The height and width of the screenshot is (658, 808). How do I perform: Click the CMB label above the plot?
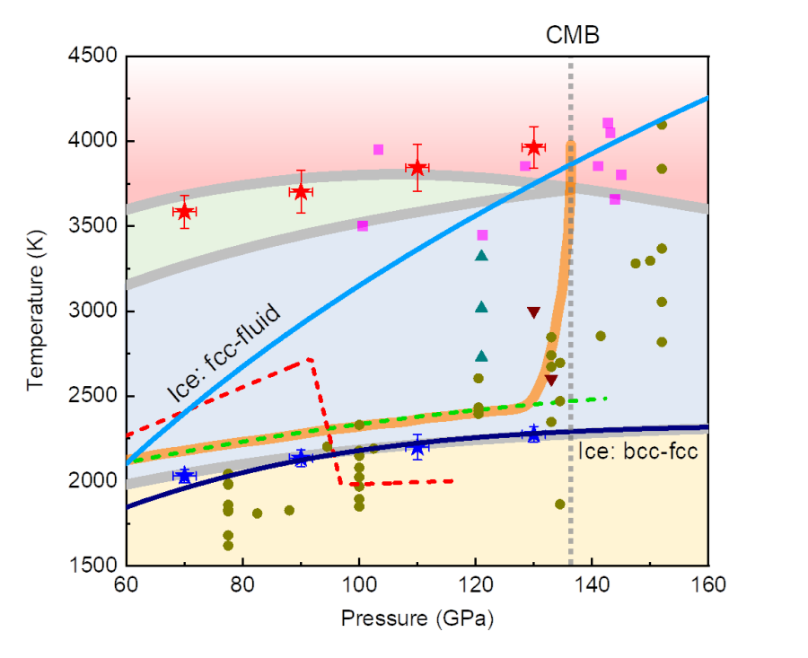573,35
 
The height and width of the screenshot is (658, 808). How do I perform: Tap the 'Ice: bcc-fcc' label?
638,452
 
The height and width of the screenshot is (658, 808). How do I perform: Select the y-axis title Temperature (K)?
36,310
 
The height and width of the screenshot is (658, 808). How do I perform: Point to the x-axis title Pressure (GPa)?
417,619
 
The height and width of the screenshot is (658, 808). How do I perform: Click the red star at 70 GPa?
185,212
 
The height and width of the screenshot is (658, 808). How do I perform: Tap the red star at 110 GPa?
417,168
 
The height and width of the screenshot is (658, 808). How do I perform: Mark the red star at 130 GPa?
534,147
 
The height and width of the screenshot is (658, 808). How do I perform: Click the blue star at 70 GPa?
185,475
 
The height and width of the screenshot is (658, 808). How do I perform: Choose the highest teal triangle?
481,256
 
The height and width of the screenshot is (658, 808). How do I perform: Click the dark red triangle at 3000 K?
534,312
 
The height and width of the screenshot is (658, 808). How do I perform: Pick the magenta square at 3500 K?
363,226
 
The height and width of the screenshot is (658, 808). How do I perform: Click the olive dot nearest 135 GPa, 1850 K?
560,504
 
